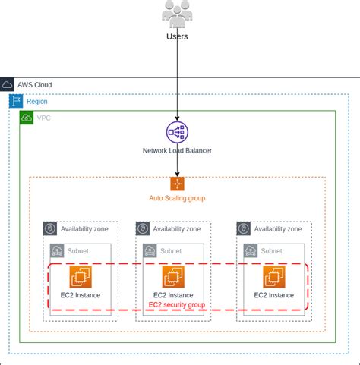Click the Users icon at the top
click(177, 14)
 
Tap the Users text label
click(177, 36)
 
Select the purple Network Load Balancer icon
click(177, 132)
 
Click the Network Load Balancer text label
click(177, 150)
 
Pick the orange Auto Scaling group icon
click(177, 184)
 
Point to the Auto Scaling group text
click(177, 198)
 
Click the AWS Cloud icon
click(8, 85)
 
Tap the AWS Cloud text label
click(35, 85)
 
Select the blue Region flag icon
click(16, 101)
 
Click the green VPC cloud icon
click(27, 118)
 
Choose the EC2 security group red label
click(176, 304)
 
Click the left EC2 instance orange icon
click(81, 277)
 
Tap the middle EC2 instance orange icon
click(173, 277)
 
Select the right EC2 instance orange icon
click(274, 277)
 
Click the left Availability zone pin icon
click(50, 228)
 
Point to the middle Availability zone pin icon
click(143, 228)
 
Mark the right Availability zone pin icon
click(244, 228)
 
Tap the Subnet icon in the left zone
click(57, 250)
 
